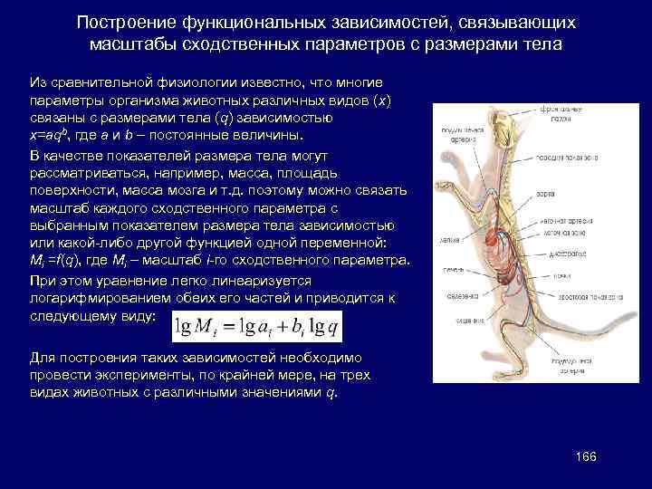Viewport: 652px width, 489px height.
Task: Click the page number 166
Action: tap(585, 455)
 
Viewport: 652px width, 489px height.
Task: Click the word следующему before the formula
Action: tap(91, 316)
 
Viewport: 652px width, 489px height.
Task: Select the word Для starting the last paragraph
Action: tap(43, 356)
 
